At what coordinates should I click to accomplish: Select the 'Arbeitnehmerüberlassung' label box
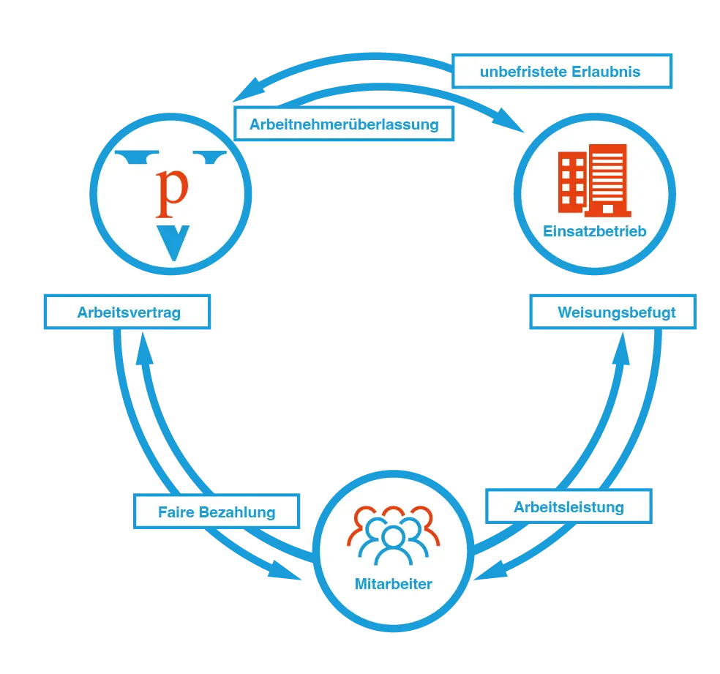click(344, 124)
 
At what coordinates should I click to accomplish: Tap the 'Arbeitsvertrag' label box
click(129, 313)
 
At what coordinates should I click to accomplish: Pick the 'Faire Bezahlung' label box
click(217, 512)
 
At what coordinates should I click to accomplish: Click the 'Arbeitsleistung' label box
click(569, 506)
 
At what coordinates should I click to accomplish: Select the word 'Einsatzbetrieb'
click(594, 231)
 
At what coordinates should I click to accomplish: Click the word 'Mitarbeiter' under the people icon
click(393, 584)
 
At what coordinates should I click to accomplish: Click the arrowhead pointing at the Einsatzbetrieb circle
click(515, 126)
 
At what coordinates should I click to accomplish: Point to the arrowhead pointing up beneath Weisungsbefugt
click(621, 353)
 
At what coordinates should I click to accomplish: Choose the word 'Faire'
click(175, 512)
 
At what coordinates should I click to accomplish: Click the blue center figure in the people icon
click(394, 542)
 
